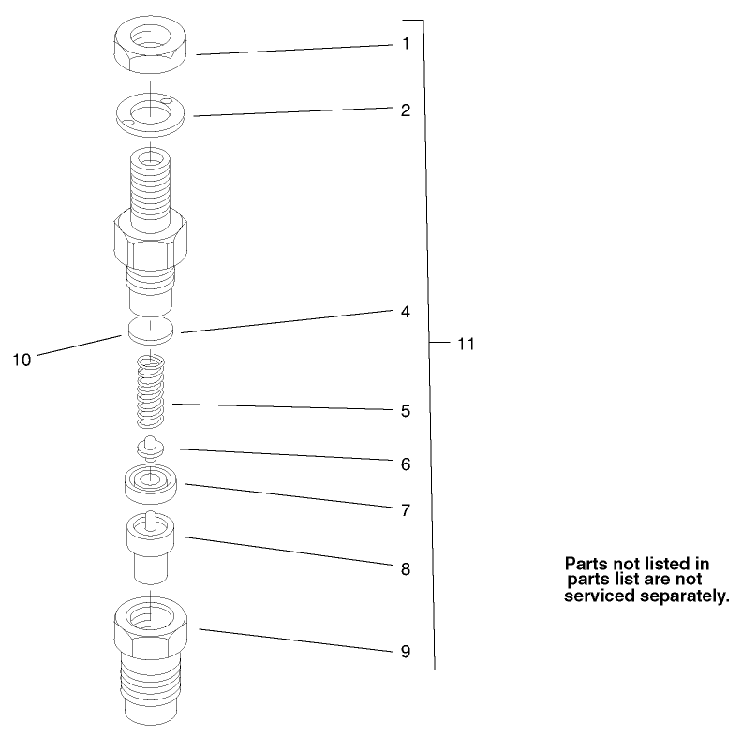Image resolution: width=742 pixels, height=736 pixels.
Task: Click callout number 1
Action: click(x=406, y=43)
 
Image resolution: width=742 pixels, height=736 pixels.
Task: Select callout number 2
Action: click(x=406, y=110)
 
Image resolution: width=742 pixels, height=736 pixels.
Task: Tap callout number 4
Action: click(x=406, y=312)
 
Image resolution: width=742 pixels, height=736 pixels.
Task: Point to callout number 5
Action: click(x=406, y=410)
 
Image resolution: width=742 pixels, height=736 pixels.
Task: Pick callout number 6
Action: click(x=406, y=463)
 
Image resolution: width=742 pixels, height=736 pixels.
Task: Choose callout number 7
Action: click(x=406, y=510)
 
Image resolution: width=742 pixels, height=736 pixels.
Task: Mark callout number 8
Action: click(x=406, y=567)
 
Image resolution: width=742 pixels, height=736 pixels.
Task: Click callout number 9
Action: click(x=406, y=651)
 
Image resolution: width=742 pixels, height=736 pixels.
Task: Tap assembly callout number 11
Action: click(x=466, y=344)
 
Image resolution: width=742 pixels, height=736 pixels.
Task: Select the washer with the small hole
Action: click(x=150, y=115)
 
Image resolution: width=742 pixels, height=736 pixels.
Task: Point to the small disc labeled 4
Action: click(x=151, y=329)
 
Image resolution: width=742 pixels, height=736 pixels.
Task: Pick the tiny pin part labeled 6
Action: click(x=147, y=446)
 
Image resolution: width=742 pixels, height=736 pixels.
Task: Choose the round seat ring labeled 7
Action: click(x=150, y=483)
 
